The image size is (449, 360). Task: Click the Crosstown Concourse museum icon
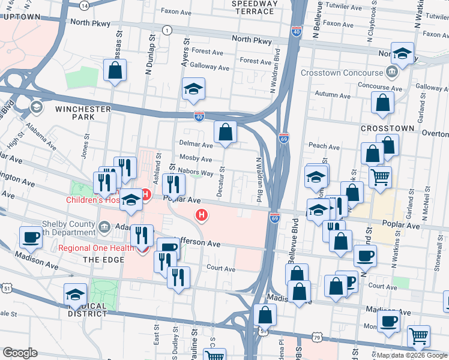(x=392, y=73)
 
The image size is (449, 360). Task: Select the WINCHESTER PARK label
(x=83, y=113)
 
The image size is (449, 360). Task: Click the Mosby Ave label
(x=196, y=160)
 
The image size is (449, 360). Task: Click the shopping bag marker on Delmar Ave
(x=224, y=132)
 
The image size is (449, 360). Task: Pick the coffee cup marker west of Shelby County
(x=31, y=237)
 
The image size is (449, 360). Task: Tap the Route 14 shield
(x=84, y=5)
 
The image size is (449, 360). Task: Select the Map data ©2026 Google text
(x=412, y=356)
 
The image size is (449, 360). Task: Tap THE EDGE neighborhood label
(x=98, y=259)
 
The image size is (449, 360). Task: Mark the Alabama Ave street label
(x=41, y=141)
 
